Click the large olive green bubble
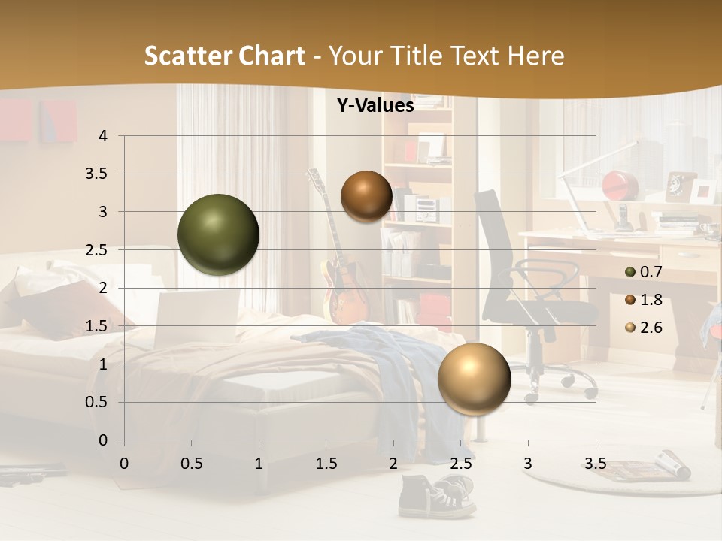coord(218,234)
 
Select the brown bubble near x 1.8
coord(366,196)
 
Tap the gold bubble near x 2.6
coord(474,378)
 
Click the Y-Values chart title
coord(375,106)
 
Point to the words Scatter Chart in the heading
coord(224,56)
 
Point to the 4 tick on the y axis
coord(103,136)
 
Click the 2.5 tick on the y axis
coord(96,250)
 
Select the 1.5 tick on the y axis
coord(96,326)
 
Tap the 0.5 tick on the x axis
coord(191,464)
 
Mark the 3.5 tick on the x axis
coord(595,464)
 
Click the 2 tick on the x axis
coord(393,464)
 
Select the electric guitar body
coord(342,289)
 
